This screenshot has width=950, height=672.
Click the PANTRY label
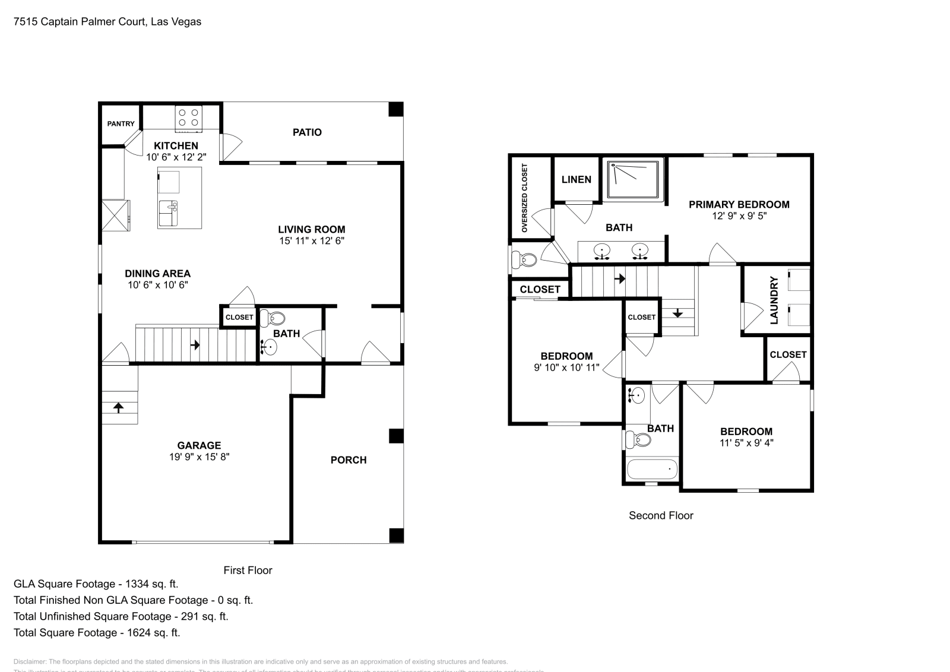(121, 124)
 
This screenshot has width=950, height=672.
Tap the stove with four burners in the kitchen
(189, 118)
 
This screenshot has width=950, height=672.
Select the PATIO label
(307, 132)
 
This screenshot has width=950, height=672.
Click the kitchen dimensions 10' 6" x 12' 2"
(176, 157)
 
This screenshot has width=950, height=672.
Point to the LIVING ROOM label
(312, 229)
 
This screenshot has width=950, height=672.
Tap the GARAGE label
(199, 445)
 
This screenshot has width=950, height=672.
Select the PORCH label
(349, 460)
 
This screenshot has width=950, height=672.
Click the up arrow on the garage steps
(118, 407)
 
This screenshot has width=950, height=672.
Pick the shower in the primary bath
(632, 179)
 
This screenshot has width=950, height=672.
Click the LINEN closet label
(576, 179)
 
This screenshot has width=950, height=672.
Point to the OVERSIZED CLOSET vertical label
(524, 198)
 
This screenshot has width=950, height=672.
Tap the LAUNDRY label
(774, 300)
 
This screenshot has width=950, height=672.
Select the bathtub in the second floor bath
(652, 470)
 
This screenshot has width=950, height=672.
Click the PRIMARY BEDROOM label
(739, 205)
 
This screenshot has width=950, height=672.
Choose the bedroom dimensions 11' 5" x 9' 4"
(746, 442)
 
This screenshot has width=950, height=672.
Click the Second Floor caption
(661, 516)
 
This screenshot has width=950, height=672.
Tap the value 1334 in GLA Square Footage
(138, 584)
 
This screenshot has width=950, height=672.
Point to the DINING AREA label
(157, 274)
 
